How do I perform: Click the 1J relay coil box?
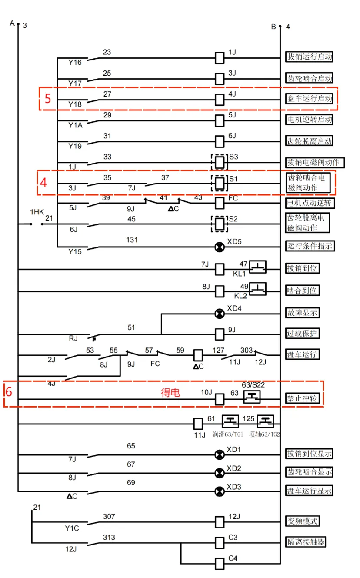point(220,57)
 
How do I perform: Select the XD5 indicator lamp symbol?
point(220,247)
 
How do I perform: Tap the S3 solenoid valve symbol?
point(220,163)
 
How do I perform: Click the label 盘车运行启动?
point(309,99)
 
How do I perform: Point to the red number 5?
point(48,99)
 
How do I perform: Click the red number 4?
point(43,182)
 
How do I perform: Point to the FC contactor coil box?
point(220,203)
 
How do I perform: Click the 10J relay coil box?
point(220,398)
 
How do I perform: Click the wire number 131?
point(131,239)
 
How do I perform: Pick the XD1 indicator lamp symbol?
point(220,455)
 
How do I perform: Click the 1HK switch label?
point(37,212)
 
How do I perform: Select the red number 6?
point(9,392)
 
